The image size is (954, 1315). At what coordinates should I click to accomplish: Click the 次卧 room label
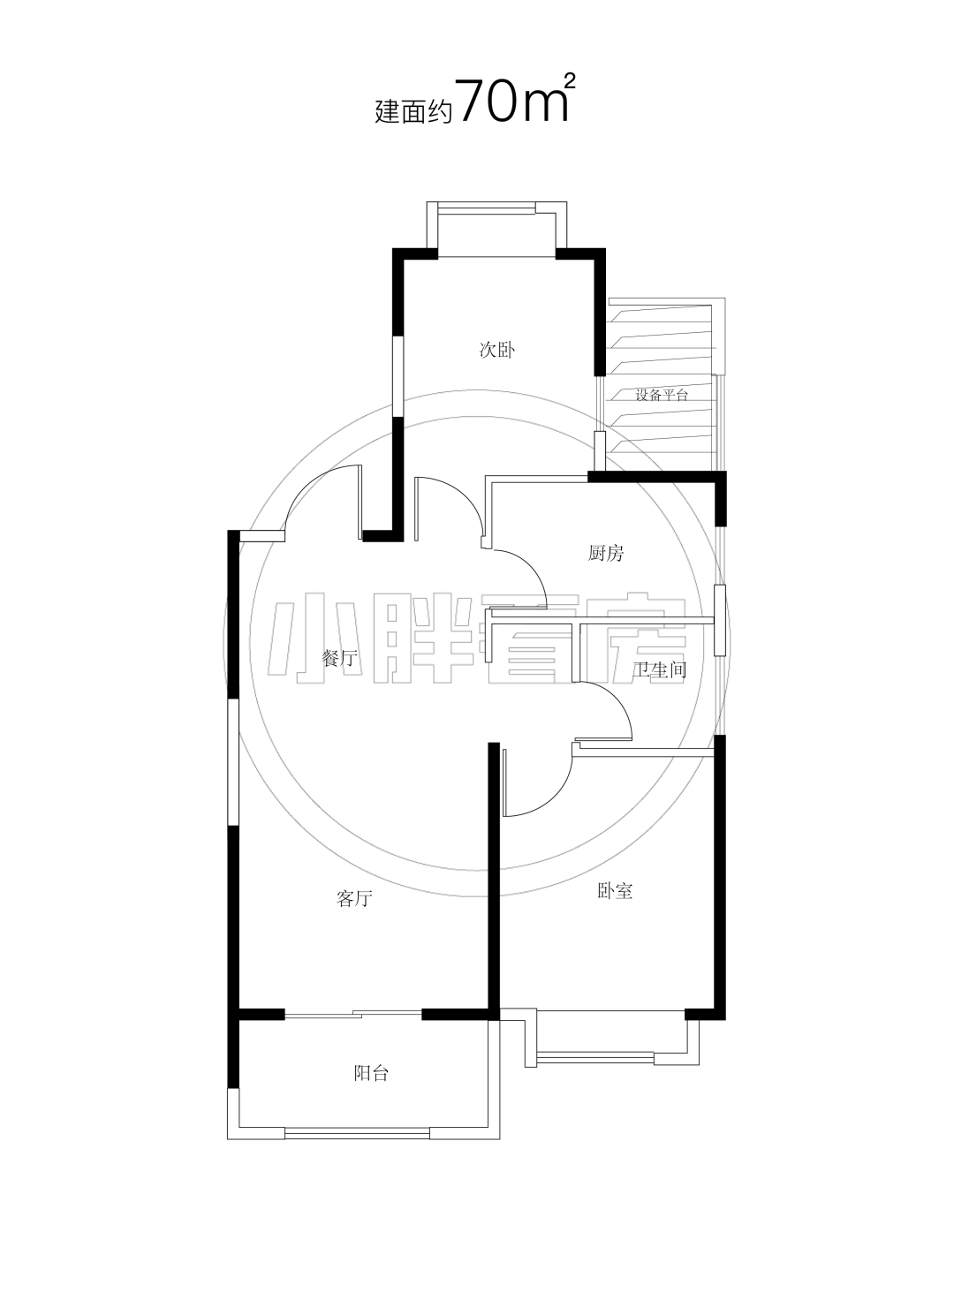pyautogui.click(x=496, y=351)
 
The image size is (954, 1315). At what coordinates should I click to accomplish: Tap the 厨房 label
pyautogui.click(x=606, y=553)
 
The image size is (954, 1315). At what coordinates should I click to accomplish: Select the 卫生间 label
pyautogui.click(x=660, y=669)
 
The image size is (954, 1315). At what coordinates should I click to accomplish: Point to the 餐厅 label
pyautogui.click(x=339, y=658)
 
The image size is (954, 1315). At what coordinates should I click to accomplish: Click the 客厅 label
pyautogui.click(x=354, y=898)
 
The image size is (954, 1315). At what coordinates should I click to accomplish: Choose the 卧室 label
pyautogui.click(x=616, y=891)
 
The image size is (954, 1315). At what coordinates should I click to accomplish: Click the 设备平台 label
pyautogui.click(x=661, y=395)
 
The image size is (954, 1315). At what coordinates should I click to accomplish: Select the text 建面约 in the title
pyautogui.click(x=413, y=112)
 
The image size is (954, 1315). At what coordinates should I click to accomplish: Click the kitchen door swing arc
pyautogui.click(x=531, y=567)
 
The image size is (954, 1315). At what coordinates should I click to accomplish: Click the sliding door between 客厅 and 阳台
pyautogui.click(x=353, y=1013)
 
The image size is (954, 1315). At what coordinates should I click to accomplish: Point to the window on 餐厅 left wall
pyautogui.click(x=233, y=762)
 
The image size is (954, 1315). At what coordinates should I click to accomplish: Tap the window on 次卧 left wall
pyautogui.click(x=398, y=375)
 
